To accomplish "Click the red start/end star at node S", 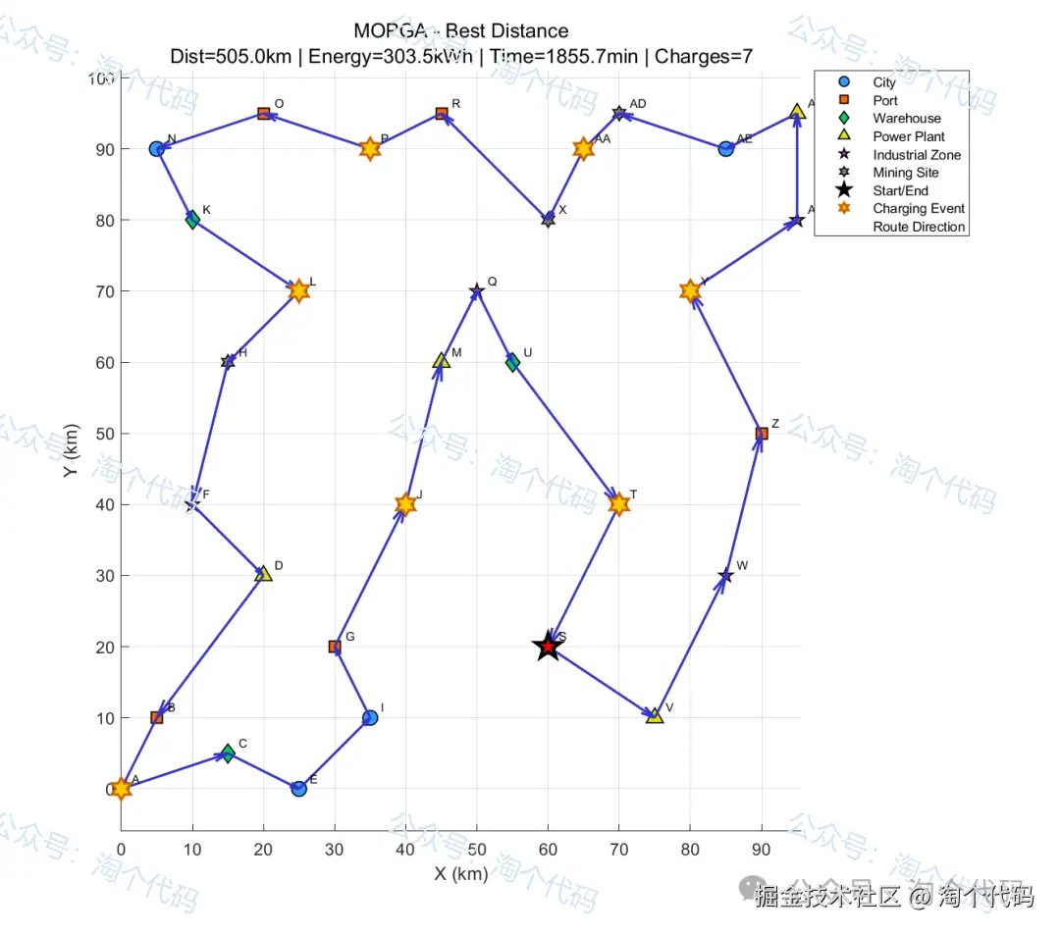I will tap(548, 647).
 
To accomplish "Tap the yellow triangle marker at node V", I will tap(655, 716).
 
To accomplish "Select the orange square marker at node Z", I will tap(762, 434).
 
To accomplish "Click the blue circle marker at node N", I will tap(156, 149).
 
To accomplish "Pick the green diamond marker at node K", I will tap(192, 220).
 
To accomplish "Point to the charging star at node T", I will tap(618, 504).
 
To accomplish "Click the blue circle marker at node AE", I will tap(725, 149).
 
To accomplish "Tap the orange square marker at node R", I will tap(442, 114).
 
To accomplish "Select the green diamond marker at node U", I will tap(512, 362).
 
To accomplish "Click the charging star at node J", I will tap(405, 504).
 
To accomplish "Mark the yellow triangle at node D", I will tap(263, 574).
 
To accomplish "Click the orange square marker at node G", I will tap(335, 647).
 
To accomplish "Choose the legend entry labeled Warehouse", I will tap(906, 119).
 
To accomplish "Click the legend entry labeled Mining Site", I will tap(905, 173).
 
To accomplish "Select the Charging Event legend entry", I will tap(918, 208).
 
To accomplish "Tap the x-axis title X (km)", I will tap(460, 873).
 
